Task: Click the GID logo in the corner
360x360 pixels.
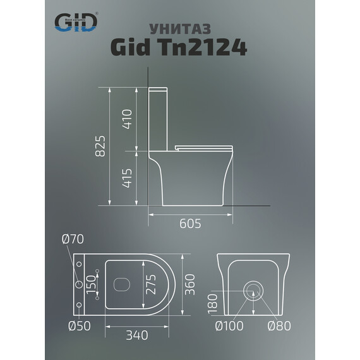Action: (x=76, y=23)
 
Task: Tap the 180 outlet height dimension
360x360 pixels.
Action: (x=213, y=309)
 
